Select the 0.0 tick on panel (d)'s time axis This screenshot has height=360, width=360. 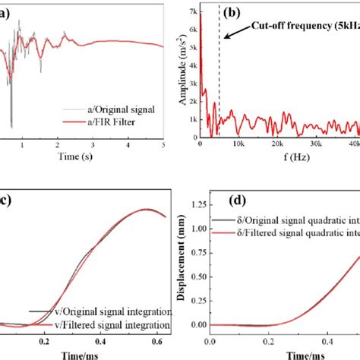(x=201, y=338)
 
